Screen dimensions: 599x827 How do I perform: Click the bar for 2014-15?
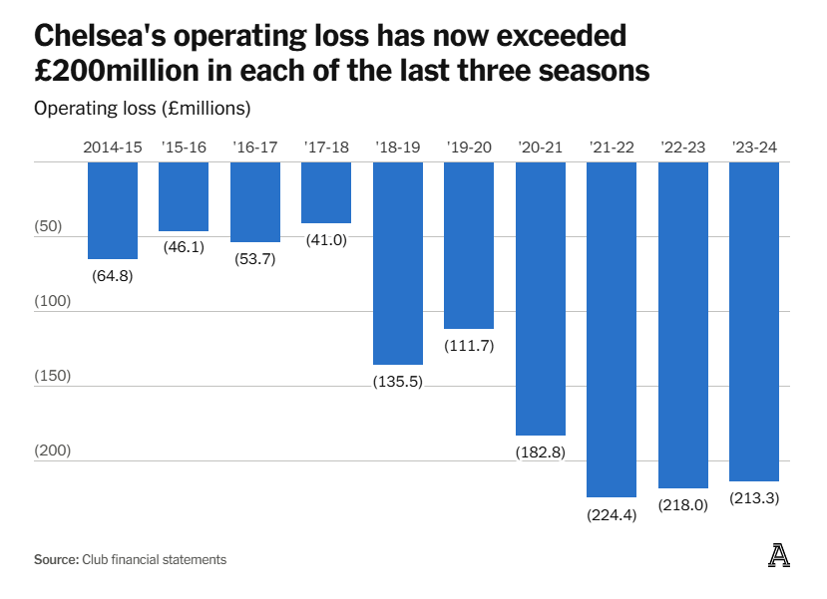coord(113,210)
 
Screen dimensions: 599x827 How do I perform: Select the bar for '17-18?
coord(326,192)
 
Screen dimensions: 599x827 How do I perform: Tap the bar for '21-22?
coord(612,329)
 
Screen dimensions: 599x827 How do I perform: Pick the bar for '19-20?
coord(469,245)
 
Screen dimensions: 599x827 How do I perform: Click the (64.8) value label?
coord(113,275)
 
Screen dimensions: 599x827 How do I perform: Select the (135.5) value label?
coord(398,382)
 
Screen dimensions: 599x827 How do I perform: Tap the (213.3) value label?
coord(754,498)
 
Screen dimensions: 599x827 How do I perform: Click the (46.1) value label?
coord(184,247)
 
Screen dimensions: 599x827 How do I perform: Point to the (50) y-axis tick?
coord(48,226)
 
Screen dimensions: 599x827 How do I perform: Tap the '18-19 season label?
coord(398,148)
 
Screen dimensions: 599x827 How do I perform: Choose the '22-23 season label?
coord(683,148)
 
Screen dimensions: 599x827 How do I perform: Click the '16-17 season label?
coord(255,148)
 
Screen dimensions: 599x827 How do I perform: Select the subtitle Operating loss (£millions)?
coord(142,108)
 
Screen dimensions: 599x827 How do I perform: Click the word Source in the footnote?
coord(55,560)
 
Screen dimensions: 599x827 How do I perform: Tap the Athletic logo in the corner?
coord(779,557)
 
